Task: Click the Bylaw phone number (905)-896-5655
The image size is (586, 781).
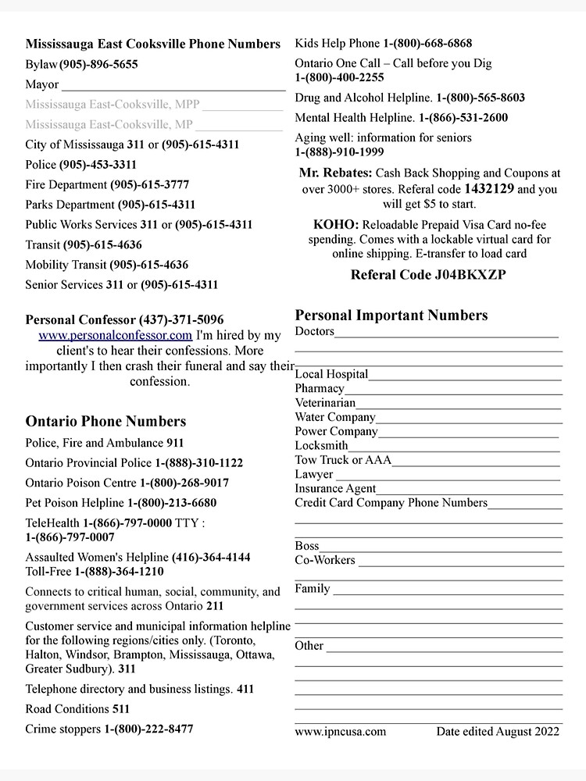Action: (x=98, y=65)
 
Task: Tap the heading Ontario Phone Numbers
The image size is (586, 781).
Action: (x=105, y=422)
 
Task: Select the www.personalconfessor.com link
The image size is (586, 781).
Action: (x=115, y=335)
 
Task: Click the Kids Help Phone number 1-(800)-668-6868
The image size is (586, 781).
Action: (x=427, y=44)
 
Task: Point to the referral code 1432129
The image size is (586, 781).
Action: (x=488, y=189)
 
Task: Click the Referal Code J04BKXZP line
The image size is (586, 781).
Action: (x=427, y=275)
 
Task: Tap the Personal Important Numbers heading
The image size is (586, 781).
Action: (x=391, y=316)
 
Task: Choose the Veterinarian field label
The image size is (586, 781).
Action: (x=325, y=403)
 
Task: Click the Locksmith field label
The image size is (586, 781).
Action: (x=321, y=446)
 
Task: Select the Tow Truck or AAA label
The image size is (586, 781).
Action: (x=343, y=460)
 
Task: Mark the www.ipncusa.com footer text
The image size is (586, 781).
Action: (x=340, y=732)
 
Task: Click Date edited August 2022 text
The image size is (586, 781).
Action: (x=497, y=732)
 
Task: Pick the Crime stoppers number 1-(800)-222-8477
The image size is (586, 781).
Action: (x=148, y=729)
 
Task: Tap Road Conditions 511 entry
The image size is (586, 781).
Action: (x=77, y=709)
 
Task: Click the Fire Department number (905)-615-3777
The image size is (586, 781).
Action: (x=149, y=185)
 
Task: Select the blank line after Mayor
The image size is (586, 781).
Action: (x=173, y=85)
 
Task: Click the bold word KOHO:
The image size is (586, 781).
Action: (x=336, y=225)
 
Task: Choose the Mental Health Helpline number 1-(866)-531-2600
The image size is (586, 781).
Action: (x=463, y=118)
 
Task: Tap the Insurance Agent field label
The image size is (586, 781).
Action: (x=335, y=489)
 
